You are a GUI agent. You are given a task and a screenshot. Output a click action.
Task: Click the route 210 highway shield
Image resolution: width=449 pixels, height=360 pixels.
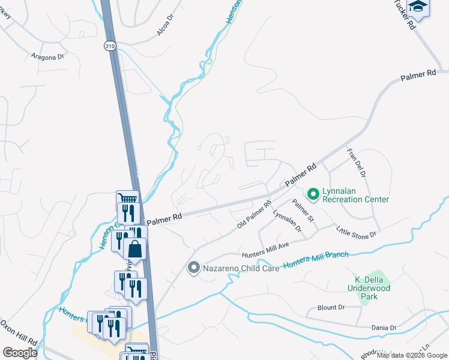click(109, 46)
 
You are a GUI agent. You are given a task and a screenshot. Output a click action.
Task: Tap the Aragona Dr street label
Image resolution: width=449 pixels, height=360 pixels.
click(47, 57)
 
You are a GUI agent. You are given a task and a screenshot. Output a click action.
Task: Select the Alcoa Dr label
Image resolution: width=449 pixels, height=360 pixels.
click(165, 26)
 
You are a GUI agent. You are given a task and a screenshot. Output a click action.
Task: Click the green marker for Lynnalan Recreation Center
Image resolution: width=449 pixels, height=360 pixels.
click(313, 194)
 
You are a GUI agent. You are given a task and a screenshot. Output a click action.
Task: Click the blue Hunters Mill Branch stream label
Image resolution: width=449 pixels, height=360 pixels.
click(316, 259)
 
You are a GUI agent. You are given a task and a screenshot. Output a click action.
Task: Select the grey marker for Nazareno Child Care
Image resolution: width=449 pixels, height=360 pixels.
click(193, 268)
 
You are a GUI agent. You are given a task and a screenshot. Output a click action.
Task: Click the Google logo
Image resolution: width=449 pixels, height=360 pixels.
click(19, 353)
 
